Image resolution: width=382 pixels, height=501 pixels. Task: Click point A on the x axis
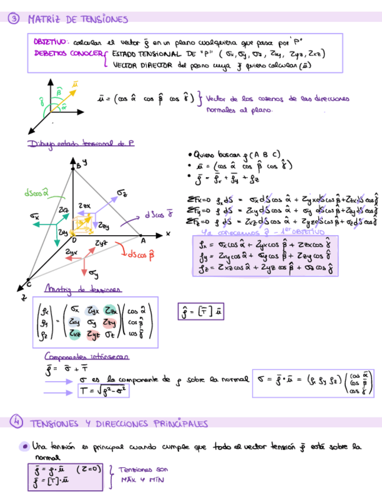point(143,240)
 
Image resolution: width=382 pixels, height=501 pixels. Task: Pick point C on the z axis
point(30,283)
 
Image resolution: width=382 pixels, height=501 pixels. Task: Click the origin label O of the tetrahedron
point(74,240)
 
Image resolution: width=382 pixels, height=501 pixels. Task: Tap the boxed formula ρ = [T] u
point(203,311)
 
